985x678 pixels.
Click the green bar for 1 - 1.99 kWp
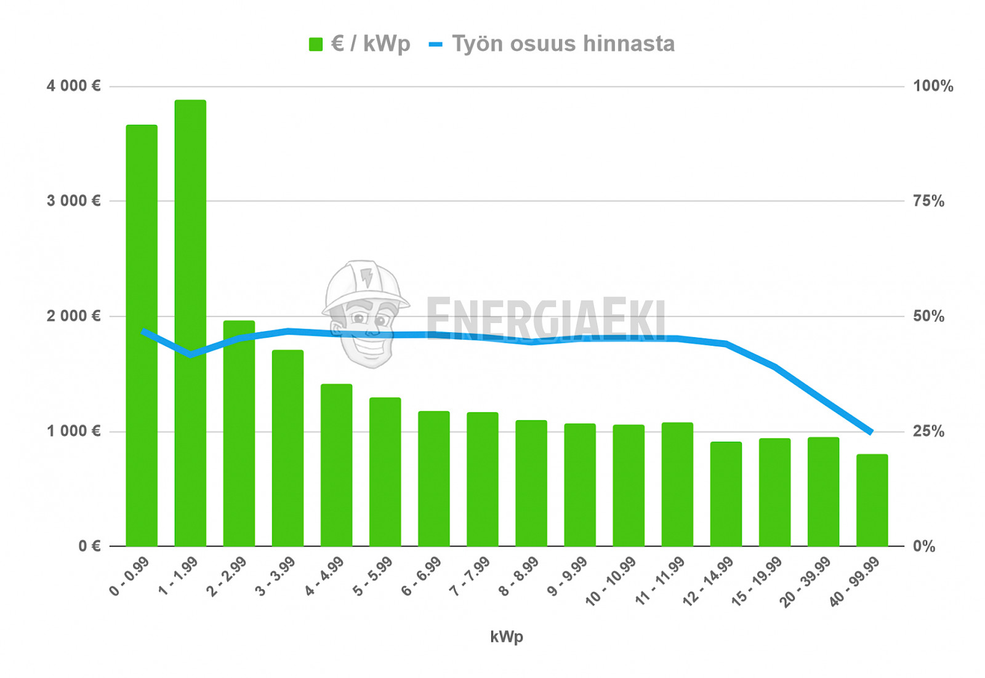[190, 323]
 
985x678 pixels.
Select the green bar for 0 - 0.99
[142, 335]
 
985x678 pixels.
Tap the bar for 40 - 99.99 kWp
[872, 500]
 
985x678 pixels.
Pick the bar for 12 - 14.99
[726, 494]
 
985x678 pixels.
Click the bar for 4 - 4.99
[336, 465]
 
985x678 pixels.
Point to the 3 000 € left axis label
[73, 201]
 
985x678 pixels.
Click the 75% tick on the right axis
[928, 201]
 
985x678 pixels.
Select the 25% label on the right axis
[928, 431]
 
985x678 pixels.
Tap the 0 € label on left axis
[89, 546]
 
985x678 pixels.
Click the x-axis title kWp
[506, 637]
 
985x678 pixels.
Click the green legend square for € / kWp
[316, 44]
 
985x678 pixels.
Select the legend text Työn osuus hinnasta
[563, 44]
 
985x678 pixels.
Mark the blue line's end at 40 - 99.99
[870, 432]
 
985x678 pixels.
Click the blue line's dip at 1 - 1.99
[190, 355]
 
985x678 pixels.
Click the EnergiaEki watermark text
[545, 319]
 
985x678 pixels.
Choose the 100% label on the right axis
[933, 86]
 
